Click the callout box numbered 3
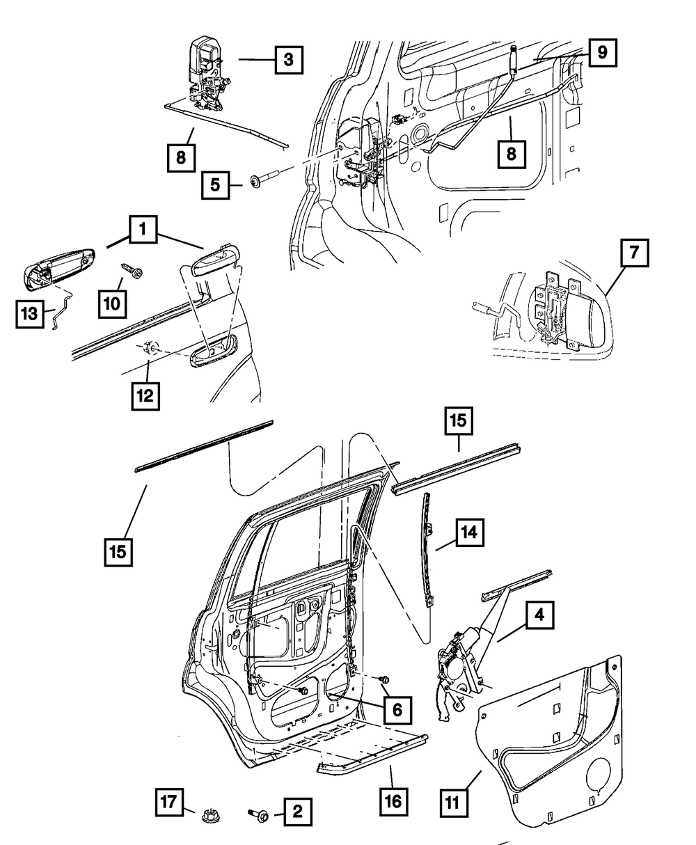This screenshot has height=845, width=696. pyautogui.click(x=288, y=60)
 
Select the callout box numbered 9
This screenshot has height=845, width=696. pyautogui.click(x=601, y=51)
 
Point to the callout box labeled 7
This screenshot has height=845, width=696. pyautogui.click(x=633, y=255)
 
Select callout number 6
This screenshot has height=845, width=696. pyautogui.click(x=397, y=710)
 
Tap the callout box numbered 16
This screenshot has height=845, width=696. pyautogui.click(x=393, y=801)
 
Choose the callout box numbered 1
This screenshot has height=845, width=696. pyautogui.click(x=142, y=229)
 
